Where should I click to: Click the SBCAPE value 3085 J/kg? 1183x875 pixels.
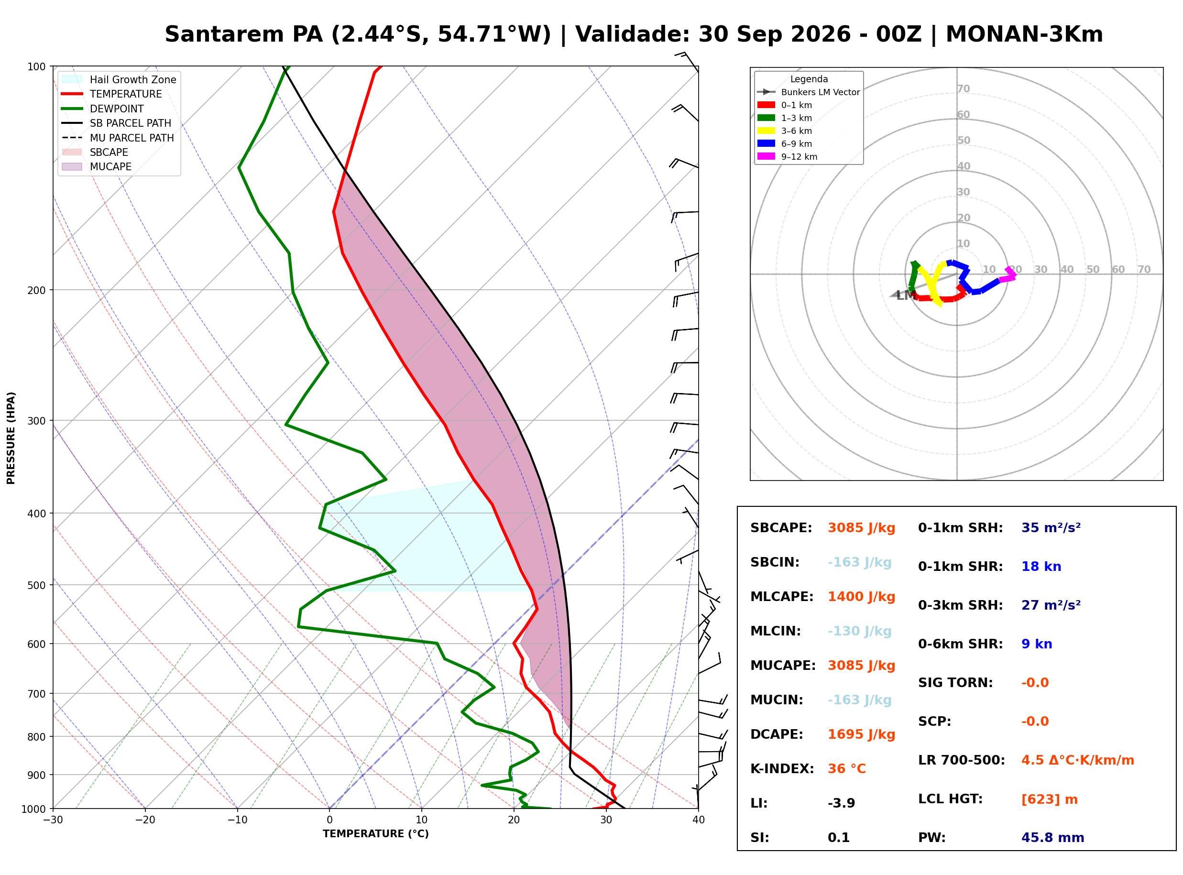(862, 528)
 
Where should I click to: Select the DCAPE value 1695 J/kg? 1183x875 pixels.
(862, 734)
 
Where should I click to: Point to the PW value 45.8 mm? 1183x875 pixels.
(1053, 838)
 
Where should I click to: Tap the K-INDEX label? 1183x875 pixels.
(782, 769)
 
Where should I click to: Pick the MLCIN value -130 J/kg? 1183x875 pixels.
(859, 631)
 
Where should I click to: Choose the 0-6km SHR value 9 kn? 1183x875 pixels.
(1037, 644)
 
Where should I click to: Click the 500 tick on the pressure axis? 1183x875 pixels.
(36, 585)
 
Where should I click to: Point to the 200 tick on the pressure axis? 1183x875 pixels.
(36, 290)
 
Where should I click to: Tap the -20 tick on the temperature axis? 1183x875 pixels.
(145, 820)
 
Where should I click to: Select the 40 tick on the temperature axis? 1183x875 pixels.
(699, 820)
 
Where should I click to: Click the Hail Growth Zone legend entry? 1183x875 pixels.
(119, 79)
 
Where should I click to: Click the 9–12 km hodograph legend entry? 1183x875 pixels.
(787, 157)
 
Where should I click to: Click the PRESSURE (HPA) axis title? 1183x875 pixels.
(11, 438)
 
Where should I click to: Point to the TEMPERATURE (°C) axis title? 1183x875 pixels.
(376, 834)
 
